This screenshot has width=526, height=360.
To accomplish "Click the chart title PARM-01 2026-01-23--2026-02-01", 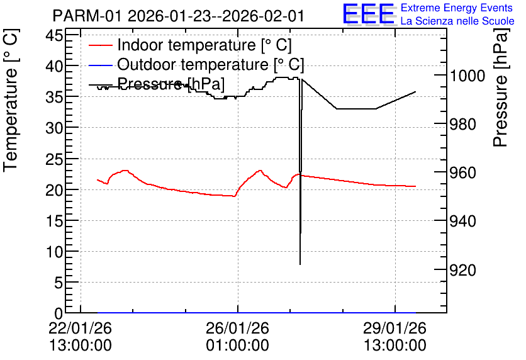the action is pyautogui.click(x=179, y=16).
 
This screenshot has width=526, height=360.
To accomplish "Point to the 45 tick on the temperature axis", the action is pyautogui.click(x=54, y=35).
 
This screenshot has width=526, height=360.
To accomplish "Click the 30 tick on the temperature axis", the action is pyautogui.click(x=54, y=128).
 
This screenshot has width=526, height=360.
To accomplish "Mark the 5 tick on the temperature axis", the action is pyautogui.click(x=59, y=283).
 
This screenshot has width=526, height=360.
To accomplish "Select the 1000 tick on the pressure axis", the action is pyautogui.click(x=467, y=76).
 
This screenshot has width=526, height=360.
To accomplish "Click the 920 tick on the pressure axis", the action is pyautogui.click(x=462, y=270).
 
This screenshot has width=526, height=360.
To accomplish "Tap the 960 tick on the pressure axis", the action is pyautogui.click(x=462, y=173).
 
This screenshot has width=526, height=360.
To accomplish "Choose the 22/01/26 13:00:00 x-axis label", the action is pyautogui.click(x=80, y=337).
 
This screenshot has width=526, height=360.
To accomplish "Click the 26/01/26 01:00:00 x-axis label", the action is pyautogui.click(x=237, y=337).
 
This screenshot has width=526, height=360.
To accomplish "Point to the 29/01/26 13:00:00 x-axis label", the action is pyautogui.click(x=395, y=337).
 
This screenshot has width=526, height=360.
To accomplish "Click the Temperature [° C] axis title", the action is pyautogui.click(x=11, y=101).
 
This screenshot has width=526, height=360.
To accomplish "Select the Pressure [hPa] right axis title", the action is pyautogui.click(x=500, y=87).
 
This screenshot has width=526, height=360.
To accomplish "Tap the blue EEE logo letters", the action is pyautogui.click(x=369, y=14).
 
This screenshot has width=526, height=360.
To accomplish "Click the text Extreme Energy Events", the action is pyautogui.click(x=457, y=8).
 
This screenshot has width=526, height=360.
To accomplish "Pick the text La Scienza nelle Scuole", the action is pyautogui.click(x=457, y=21).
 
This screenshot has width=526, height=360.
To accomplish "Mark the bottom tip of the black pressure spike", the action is pyautogui.click(x=300, y=264).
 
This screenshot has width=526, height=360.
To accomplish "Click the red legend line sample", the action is pyautogui.click(x=101, y=45).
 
